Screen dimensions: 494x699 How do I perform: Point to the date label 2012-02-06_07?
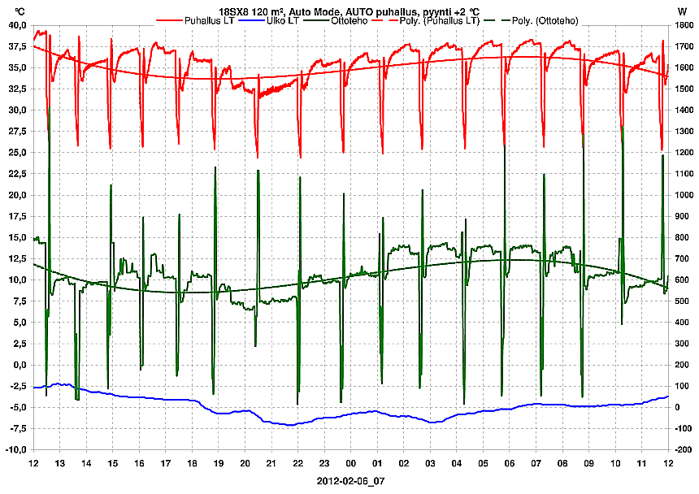click(x=350, y=481)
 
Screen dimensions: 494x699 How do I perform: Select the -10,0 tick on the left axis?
click(x=16, y=449)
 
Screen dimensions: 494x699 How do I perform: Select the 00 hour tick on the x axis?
click(x=351, y=463)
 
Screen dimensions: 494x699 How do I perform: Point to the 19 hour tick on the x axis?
click(x=219, y=463)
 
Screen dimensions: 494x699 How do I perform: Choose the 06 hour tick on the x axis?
click(x=510, y=463)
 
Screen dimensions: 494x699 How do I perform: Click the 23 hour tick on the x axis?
click(x=324, y=463)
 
